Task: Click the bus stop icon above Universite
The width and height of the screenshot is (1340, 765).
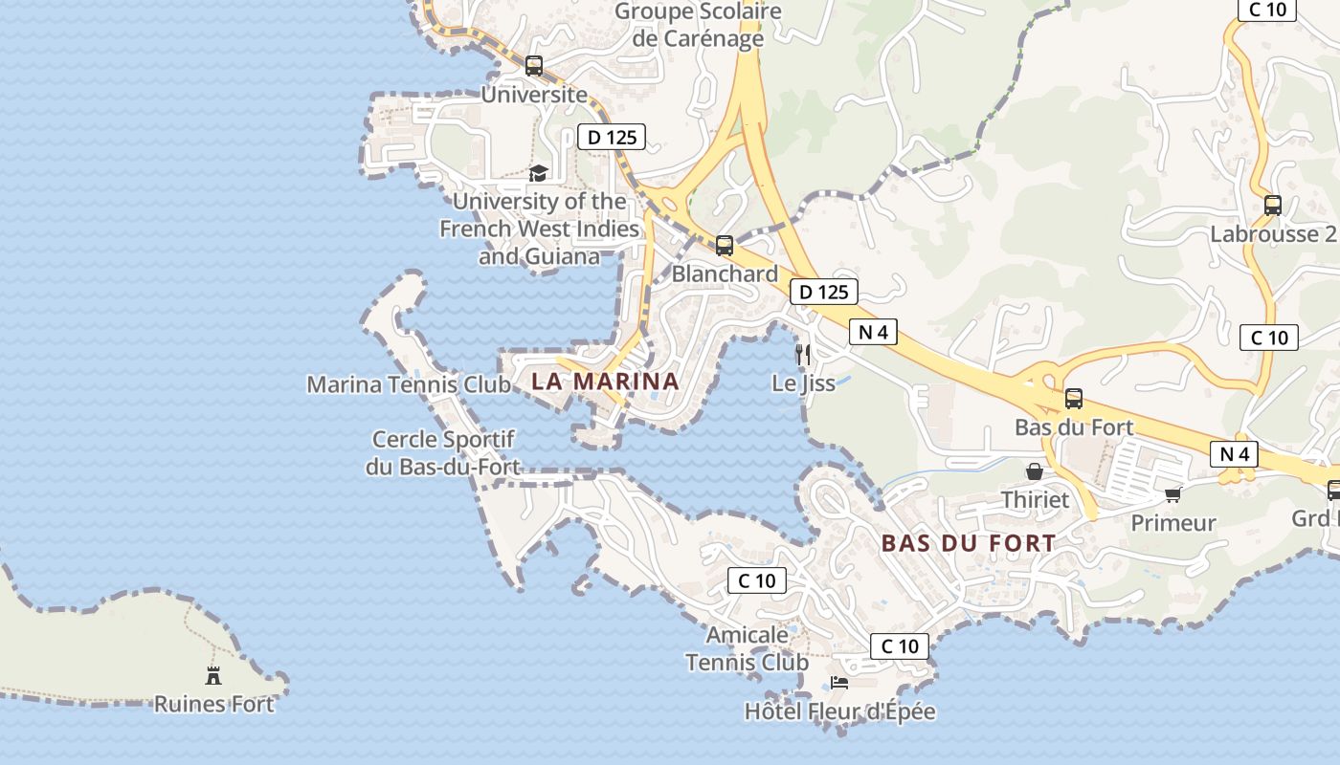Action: [534, 66]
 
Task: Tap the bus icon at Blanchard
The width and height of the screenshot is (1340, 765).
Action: [725, 246]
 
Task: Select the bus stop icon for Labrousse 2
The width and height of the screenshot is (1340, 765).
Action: [1273, 206]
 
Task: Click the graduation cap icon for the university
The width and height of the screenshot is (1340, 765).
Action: [539, 173]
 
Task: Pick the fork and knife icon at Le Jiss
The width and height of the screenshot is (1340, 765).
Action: [803, 355]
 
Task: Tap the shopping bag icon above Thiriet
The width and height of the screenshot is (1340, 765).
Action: [1035, 471]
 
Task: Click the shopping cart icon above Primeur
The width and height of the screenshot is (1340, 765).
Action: [1172, 494]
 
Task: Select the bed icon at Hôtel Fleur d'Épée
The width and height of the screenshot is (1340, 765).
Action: [839, 683]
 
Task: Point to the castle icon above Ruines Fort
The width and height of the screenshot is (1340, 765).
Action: [213, 675]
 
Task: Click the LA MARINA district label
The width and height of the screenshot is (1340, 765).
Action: [605, 382]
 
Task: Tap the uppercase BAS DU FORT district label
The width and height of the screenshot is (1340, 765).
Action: [969, 543]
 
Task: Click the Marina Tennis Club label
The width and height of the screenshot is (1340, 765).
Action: [409, 384]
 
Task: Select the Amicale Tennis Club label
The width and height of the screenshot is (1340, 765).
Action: [748, 648]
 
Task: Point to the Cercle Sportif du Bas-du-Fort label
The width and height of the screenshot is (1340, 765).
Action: [443, 453]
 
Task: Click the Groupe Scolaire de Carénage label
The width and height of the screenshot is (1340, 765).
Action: [698, 25]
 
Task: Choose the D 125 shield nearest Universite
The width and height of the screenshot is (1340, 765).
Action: [612, 137]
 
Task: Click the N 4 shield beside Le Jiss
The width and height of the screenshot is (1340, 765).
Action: [873, 333]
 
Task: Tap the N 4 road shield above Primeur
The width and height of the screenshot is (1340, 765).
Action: [1233, 454]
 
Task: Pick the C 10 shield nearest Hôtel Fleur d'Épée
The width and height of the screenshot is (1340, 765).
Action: [900, 646]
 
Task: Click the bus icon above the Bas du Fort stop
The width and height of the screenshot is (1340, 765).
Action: [1074, 399]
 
